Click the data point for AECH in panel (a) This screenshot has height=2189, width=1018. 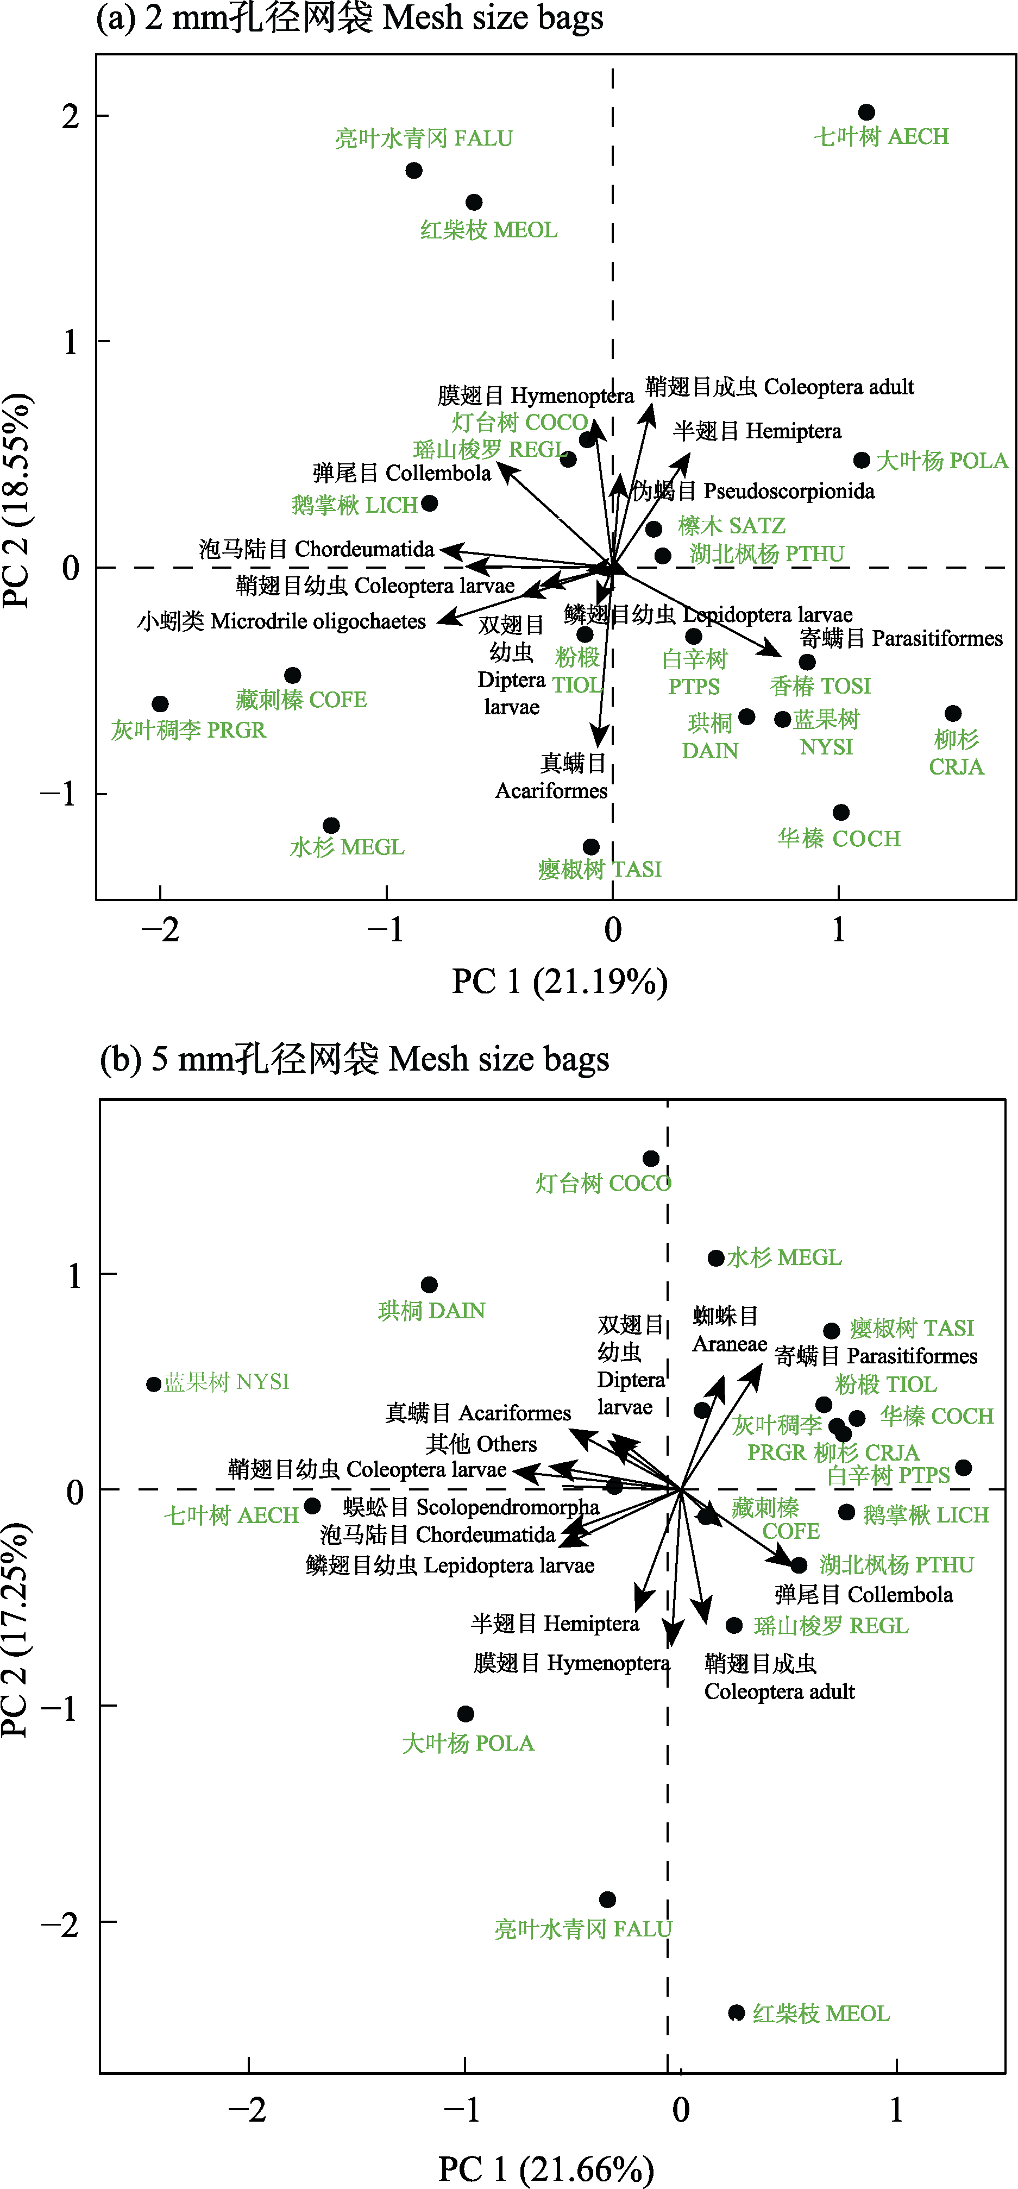click(866, 112)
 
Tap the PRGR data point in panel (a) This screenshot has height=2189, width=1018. click(160, 703)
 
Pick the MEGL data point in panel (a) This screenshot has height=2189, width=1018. click(331, 825)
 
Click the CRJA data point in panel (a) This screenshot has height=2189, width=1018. click(953, 714)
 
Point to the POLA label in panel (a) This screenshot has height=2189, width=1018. click(941, 461)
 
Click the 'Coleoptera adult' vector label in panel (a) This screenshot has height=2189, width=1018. click(779, 387)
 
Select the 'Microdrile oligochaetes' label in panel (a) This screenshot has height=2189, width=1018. click(281, 621)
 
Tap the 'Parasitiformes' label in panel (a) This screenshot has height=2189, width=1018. click(901, 638)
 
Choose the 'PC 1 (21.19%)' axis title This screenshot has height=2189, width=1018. click(559, 982)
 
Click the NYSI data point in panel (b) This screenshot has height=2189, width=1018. click(154, 1384)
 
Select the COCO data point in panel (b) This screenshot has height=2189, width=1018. click(651, 1158)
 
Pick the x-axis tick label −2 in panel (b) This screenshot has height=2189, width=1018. click(247, 2110)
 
